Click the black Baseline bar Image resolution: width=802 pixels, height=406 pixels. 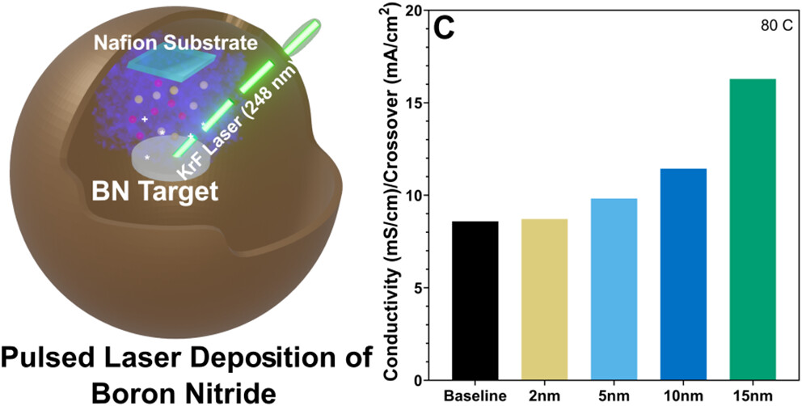[475, 300]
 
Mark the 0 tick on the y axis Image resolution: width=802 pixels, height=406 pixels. [415, 380]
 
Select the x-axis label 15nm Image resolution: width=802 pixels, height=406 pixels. [753, 396]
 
